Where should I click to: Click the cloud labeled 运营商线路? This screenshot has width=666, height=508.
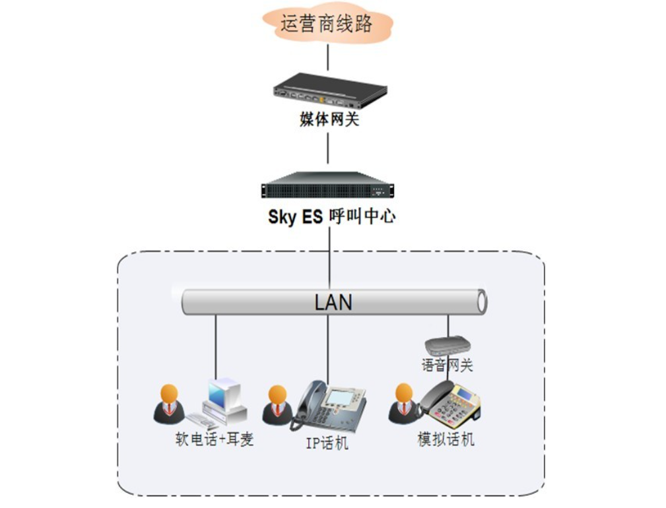(327, 24)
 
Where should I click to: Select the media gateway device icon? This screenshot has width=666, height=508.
(329, 90)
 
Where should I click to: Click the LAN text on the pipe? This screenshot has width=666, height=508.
(333, 302)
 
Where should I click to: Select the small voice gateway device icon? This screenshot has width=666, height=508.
(448, 346)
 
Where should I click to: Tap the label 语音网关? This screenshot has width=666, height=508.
(448, 364)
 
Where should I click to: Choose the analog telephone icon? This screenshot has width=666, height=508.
(451, 404)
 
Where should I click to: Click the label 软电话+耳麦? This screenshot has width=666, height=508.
(214, 439)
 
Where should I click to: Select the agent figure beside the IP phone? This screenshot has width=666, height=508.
(277, 404)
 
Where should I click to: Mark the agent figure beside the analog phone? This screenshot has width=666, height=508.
(403, 403)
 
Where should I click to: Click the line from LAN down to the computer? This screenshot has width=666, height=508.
(216, 350)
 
